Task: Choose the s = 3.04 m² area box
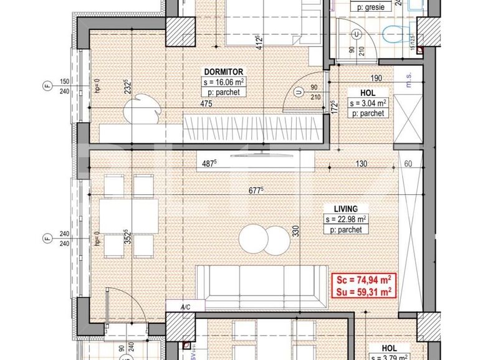click(x=368, y=103)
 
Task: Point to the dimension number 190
click(x=376, y=78)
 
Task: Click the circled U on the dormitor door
click(x=299, y=92)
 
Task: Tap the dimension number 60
click(x=409, y=164)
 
